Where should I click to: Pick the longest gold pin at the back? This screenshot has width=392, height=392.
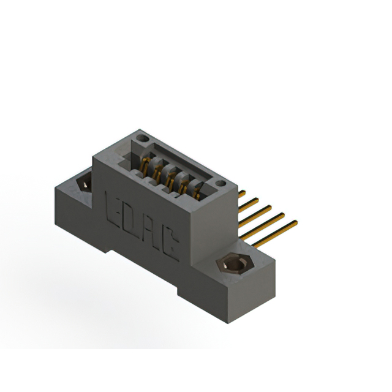tap(276, 233)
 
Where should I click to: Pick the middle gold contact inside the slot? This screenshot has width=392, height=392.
tap(170, 178)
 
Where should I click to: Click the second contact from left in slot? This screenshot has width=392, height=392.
tap(158, 171)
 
